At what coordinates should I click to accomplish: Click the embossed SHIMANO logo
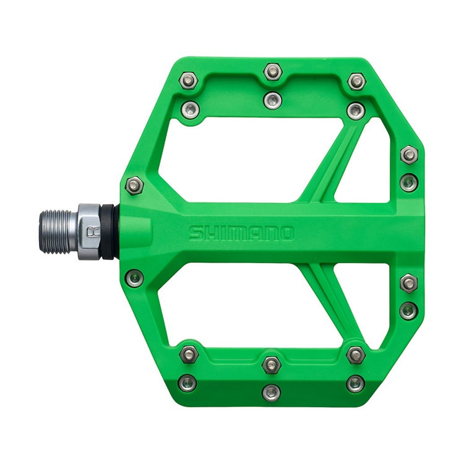241,233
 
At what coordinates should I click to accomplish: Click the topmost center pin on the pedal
272,71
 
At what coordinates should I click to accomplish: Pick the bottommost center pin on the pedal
271,392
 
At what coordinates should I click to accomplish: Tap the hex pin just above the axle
134,184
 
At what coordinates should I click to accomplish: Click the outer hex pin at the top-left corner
189,81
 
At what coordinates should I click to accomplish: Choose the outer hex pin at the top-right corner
356,81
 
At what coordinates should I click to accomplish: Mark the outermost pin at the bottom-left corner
188,383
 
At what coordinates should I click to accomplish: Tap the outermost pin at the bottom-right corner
355,384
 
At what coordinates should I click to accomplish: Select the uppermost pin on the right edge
409,154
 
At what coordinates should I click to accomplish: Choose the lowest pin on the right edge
408,310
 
